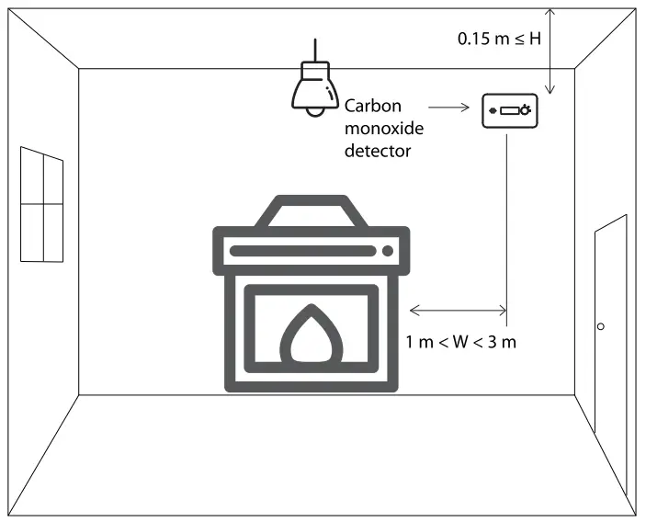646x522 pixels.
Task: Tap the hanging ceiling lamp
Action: (x=314, y=86)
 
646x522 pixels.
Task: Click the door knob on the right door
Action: (x=600, y=326)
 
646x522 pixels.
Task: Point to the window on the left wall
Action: (x=41, y=204)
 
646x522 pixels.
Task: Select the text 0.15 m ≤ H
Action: (x=500, y=40)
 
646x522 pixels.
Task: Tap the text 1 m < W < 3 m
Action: (x=461, y=342)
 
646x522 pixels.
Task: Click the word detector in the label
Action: (x=377, y=150)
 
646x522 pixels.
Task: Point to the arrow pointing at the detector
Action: (x=450, y=108)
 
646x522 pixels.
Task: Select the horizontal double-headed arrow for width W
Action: (x=457, y=309)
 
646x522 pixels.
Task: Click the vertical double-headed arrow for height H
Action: (x=550, y=51)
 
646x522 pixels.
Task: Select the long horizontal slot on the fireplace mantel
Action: (x=303, y=250)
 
